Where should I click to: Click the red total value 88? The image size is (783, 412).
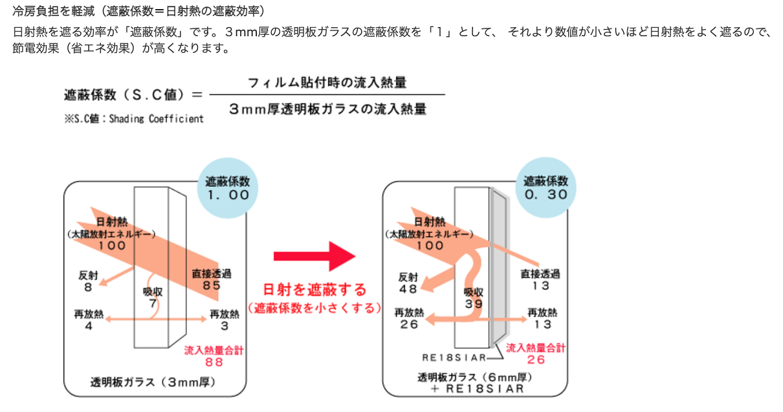coord(214,362)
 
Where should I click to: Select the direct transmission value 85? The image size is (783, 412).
coord(211,285)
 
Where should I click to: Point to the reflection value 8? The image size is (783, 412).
coord(88,285)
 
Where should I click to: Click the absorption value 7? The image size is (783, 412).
coord(153,303)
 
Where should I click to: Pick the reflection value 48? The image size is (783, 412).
coord(408,289)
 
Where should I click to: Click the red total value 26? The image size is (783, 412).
coord(536,360)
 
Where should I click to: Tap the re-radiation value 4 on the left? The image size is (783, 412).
coord(89,326)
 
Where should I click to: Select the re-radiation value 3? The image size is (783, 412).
coord(224,326)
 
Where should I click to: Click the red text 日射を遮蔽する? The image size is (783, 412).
coord(314,289)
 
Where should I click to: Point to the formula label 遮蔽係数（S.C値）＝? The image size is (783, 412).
coord(133,94)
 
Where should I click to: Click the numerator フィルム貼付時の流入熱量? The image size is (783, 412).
coord(327,82)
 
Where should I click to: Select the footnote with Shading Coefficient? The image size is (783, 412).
coord(134,118)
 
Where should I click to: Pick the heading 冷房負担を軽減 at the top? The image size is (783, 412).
coord(56,12)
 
